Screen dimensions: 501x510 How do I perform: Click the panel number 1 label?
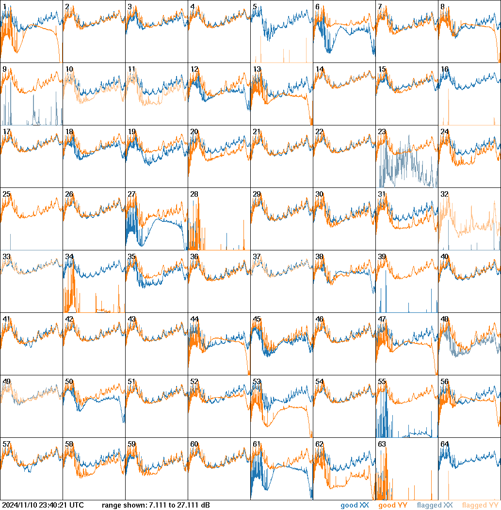4,7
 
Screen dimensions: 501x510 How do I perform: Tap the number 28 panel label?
194,194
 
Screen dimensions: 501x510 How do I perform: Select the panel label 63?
382,444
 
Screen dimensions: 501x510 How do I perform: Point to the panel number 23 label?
382,132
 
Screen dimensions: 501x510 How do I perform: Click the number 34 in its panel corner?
69,257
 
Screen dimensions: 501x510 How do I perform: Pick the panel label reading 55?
382,382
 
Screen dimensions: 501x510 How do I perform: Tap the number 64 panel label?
444,444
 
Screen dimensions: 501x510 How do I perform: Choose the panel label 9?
4,69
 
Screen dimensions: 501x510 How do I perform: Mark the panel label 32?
444,194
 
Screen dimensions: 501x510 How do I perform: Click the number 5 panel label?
255,7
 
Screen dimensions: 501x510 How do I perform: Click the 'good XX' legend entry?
355,505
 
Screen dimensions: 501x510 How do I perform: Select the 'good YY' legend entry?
393,505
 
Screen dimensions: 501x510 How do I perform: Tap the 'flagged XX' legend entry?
435,505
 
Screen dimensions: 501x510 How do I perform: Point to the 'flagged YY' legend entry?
480,505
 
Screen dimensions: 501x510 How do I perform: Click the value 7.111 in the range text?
158,505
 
